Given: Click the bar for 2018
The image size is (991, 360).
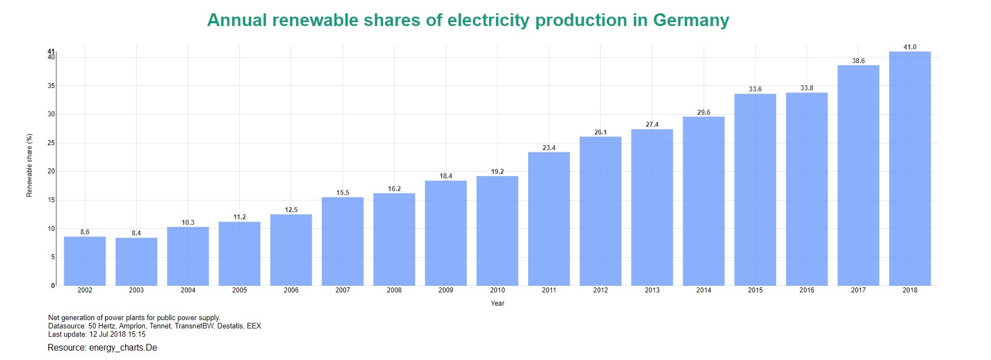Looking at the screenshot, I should point(910,168).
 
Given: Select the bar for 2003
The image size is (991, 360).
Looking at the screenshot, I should point(136,261).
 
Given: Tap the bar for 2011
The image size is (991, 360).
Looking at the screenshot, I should point(549,219).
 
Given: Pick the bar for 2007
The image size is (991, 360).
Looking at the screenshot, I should point(343,241).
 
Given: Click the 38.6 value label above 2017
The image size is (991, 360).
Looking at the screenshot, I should point(858,61).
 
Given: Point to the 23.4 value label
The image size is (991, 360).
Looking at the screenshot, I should point(549,148).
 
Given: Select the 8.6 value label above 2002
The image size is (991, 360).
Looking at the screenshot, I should point(85,232).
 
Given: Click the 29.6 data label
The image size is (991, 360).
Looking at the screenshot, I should point(704,112).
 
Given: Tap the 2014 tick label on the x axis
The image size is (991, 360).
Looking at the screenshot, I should point(704,290).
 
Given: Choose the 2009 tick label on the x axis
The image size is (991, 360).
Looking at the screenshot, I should point(446,290).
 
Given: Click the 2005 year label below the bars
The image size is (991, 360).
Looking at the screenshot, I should point(239,290).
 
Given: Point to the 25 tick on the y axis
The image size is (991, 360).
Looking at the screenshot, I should point(51,143).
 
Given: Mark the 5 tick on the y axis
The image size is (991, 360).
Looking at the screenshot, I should point(53,257).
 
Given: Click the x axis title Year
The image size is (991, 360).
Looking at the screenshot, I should point(497,304).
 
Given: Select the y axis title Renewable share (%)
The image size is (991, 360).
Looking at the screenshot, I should point(30,165).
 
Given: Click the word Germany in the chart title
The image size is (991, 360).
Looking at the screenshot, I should point(691,20).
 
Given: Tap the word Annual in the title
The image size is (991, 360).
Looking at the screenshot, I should point(237,20).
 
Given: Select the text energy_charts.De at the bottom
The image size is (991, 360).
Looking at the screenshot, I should point(123,348).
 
